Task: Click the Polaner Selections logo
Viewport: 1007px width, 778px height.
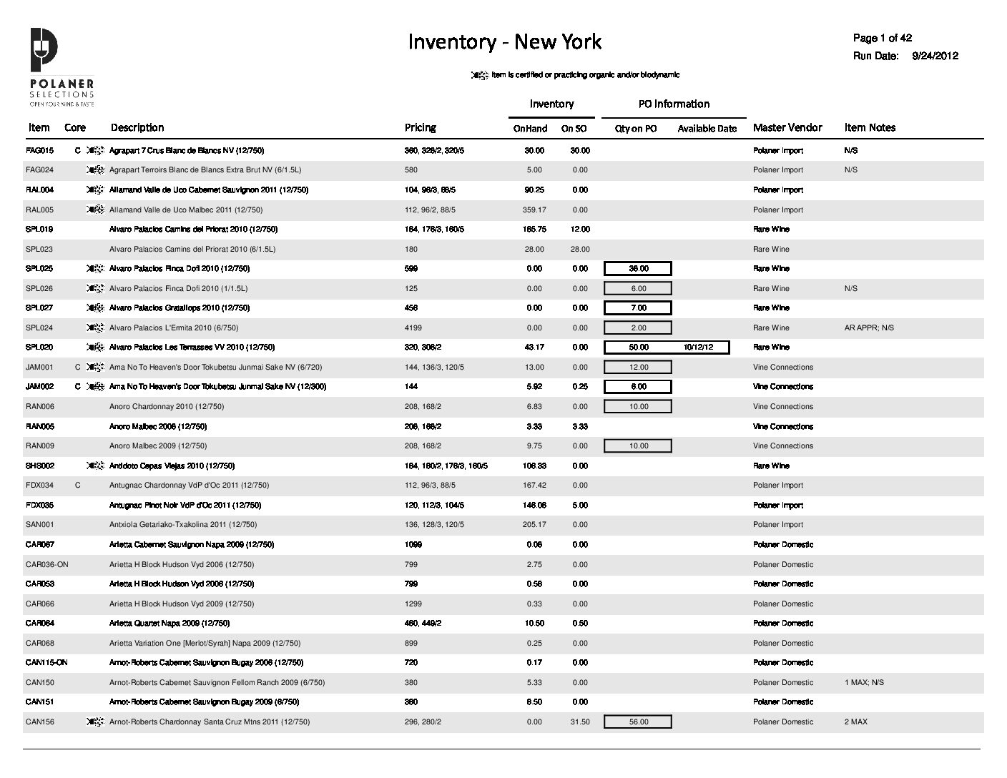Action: (x=62, y=68)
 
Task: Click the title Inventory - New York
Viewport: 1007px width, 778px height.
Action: (x=504, y=42)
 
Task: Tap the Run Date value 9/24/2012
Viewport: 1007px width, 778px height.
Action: (x=935, y=56)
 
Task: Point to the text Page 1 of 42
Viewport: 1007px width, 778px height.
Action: (x=882, y=38)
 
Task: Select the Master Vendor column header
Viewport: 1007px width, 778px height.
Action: (x=787, y=127)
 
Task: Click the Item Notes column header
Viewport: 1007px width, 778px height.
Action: (x=869, y=127)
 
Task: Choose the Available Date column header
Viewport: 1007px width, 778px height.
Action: (x=707, y=129)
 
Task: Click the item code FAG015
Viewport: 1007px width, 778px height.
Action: (x=39, y=151)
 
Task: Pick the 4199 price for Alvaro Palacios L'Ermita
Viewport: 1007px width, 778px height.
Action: (x=413, y=328)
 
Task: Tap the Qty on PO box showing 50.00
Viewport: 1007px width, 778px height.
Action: (x=638, y=348)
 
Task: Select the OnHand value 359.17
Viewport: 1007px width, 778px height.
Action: (x=534, y=210)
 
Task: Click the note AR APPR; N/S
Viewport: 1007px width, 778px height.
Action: (x=868, y=328)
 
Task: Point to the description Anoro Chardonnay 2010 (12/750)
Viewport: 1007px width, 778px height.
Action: (x=166, y=407)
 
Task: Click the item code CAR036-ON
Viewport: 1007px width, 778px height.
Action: (x=46, y=565)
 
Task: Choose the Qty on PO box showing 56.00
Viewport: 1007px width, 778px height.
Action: (x=638, y=722)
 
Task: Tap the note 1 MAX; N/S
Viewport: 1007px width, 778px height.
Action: (x=863, y=683)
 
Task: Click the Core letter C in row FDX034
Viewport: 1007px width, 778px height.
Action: (x=77, y=486)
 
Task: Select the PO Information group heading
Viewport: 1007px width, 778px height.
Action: (x=673, y=104)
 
